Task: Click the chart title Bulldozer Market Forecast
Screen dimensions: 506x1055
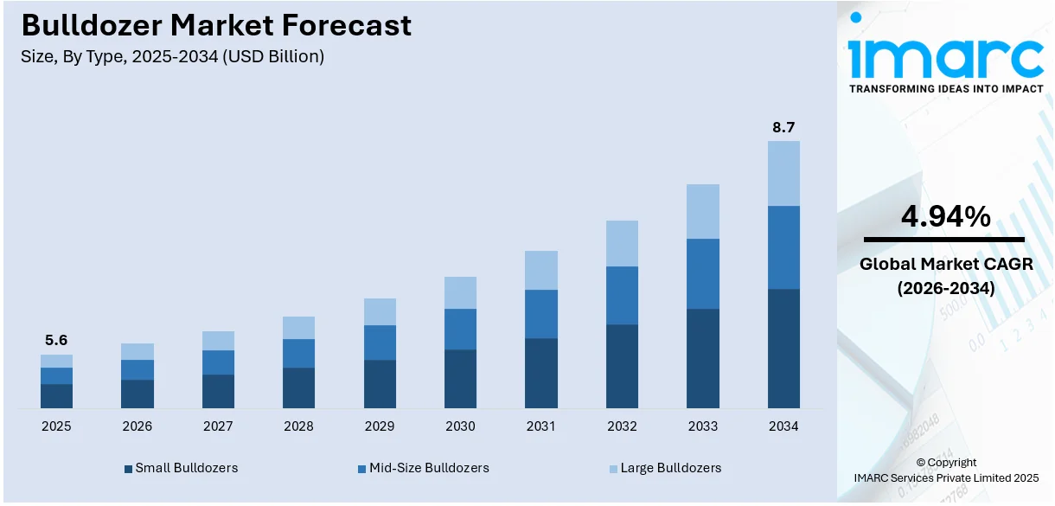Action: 216,26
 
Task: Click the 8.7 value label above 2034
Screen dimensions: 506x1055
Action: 783,127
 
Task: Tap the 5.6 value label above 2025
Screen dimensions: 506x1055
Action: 56,341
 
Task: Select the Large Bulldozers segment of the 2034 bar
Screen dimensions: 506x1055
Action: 783,173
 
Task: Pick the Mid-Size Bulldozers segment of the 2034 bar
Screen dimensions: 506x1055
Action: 783,247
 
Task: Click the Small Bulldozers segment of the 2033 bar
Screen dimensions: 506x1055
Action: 703,358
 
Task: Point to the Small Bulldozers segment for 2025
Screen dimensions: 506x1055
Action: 56,396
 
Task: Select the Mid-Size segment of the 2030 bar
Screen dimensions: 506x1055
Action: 460,329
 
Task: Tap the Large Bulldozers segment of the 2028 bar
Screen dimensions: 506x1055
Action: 298,328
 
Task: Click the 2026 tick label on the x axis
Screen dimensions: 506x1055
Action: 137,426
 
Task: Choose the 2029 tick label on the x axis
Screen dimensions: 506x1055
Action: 380,426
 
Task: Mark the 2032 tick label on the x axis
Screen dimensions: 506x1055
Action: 622,426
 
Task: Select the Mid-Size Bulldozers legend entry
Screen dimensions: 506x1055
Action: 423,468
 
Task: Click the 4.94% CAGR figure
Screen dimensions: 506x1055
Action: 945,217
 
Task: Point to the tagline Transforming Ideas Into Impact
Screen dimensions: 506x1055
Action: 945,88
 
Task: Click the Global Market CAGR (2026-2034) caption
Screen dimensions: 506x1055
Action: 945,276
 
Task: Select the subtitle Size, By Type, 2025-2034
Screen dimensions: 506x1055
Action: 173,57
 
